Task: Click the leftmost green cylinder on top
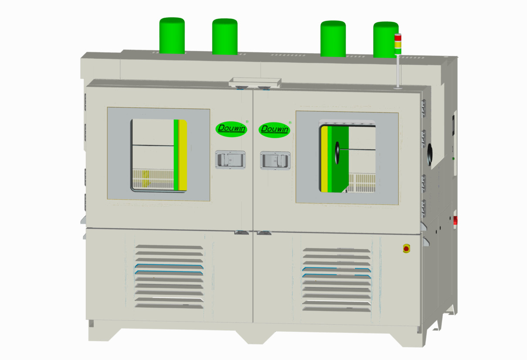(172, 36)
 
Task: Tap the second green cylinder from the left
(224, 37)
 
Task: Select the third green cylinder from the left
(333, 39)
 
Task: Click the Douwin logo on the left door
(231, 129)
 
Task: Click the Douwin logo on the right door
(274, 129)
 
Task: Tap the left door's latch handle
(230, 160)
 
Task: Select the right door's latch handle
(275, 160)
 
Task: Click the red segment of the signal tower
(398, 37)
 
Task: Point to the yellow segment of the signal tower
(398, 44)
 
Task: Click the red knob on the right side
(455, 220)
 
